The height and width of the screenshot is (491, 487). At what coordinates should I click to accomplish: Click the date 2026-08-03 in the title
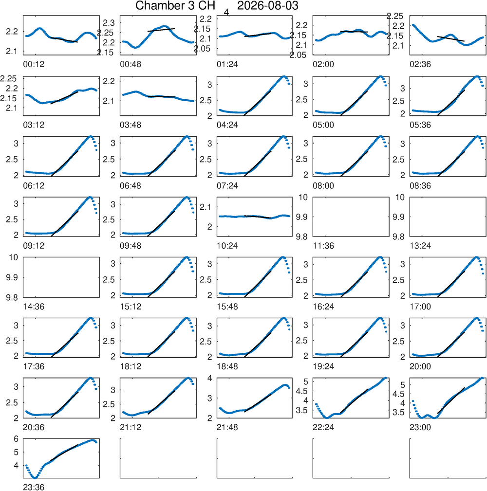(x=268, y=6)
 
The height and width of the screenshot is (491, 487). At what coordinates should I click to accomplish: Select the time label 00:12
(x=34, y=64)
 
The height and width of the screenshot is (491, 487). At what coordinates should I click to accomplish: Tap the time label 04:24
(x=227, y=125)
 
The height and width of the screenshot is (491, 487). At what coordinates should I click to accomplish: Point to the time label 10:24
(x=227, y=246)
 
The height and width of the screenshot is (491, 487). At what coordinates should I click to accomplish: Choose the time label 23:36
(x=34, y=487)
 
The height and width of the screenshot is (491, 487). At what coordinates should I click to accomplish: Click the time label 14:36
(x=34, y=307)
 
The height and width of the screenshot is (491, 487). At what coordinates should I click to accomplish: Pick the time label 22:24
(x=323, y=427)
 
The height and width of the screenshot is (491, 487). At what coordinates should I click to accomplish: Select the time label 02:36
(x=420, y=64)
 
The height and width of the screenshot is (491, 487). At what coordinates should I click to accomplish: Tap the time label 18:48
(x=227, y=366)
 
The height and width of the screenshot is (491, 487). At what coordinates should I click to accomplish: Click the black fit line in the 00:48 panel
(x=161, y=30)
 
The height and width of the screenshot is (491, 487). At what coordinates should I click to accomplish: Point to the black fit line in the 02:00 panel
(x=354, y=32)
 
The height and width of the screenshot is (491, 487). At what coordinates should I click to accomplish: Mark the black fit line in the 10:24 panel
(x=257, y=217)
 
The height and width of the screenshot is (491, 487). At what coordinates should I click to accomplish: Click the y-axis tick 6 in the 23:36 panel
(x=16, y=439)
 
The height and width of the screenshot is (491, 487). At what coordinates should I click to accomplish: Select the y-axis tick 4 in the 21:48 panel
(x=210, y=378)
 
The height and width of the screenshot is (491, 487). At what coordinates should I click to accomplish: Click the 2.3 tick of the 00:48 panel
(x=109, y=23)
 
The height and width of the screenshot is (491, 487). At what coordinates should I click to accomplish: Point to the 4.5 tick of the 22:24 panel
(x=302, y=391)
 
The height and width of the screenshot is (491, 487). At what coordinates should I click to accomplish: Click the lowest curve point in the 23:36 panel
(x=35, y=477)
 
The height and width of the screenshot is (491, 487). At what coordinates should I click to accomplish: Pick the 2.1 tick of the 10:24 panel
(x=206, y=207)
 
